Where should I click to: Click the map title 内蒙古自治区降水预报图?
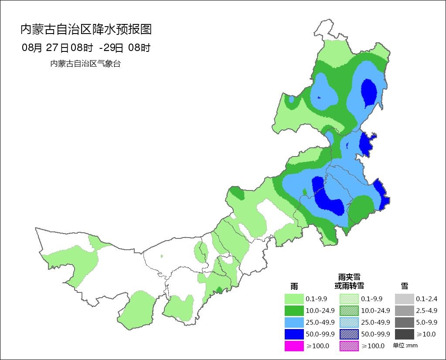[86, 30]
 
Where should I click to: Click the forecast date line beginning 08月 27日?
[86, 48]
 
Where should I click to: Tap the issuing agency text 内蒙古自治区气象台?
[85, 64]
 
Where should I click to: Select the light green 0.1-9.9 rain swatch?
[294, 299]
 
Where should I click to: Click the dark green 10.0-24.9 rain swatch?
[294, 311]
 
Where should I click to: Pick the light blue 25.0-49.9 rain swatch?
[294, 323]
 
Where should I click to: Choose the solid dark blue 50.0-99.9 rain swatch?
[294, 334]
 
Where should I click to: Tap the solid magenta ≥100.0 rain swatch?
[294, 346]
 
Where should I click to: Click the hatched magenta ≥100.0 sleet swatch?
[349, 346]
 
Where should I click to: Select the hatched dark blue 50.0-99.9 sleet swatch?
[349, 334]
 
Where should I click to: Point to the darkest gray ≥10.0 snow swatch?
[404, 334]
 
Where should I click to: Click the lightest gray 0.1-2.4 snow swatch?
[404, 299]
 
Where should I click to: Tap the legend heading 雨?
[294, 286]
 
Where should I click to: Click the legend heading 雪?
[404, 286]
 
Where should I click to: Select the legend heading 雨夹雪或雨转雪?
[349, 282]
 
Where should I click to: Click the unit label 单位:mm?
[405, 346]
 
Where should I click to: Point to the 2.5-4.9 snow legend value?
[426, 311]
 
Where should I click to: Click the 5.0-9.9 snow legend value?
[426, 323]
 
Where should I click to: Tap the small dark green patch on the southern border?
[219, 290]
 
